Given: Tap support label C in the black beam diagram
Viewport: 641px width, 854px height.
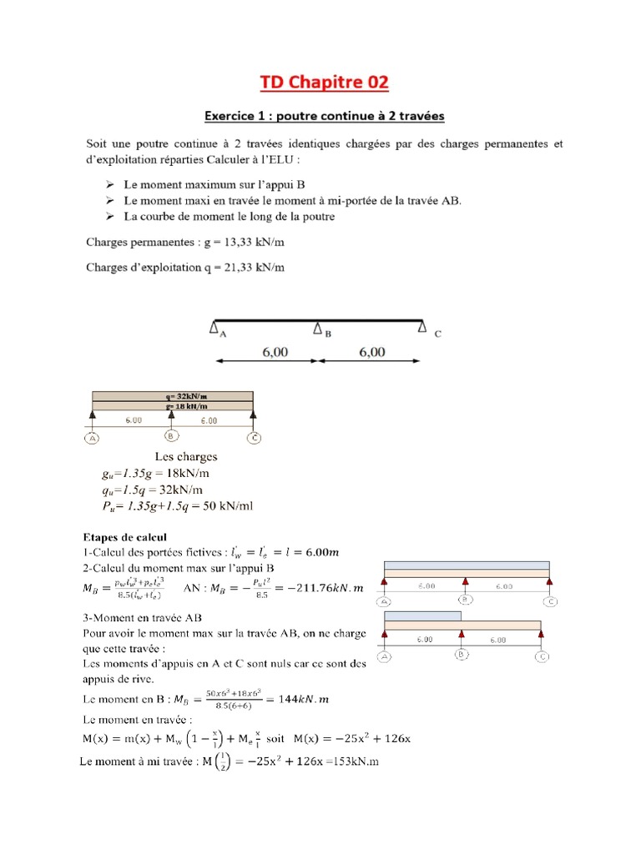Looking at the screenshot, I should pyautogui.click(x=437, y=333).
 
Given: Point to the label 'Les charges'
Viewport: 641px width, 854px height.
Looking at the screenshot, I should pyautogui.click(x=186, y=456).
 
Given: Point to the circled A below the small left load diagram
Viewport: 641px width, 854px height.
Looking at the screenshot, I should pyautogui.click(x=92, y=437).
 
